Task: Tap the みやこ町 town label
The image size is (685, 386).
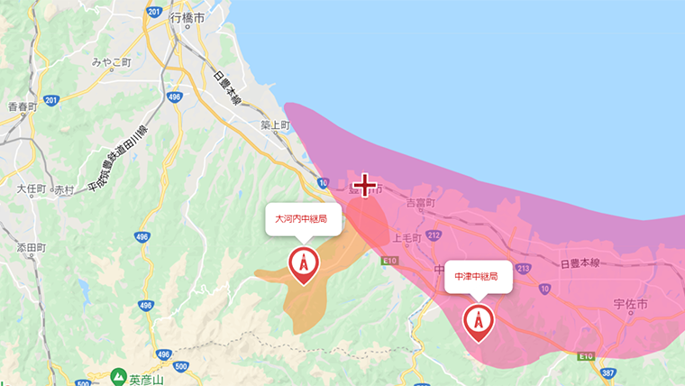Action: tap(112, 63)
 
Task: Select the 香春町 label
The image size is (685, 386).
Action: tap(22, 106)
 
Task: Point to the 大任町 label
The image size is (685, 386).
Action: tap(31, 189)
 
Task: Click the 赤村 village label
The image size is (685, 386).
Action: tap(64, 190)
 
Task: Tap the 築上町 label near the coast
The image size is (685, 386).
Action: tap(274, 125)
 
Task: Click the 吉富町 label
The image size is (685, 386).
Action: tap(421, 204)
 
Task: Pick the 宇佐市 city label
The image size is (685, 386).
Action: tap(629, 305)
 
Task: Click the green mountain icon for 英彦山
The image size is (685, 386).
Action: tap(118, 374)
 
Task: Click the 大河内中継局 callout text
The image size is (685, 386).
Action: tap(302, 218)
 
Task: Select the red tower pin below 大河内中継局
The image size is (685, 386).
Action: tap(303, 263)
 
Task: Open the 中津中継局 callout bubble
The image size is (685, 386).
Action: tap(478, 277)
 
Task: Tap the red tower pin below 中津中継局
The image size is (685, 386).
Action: tap(478, 320)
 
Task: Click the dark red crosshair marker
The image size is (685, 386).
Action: tap(364, 186)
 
